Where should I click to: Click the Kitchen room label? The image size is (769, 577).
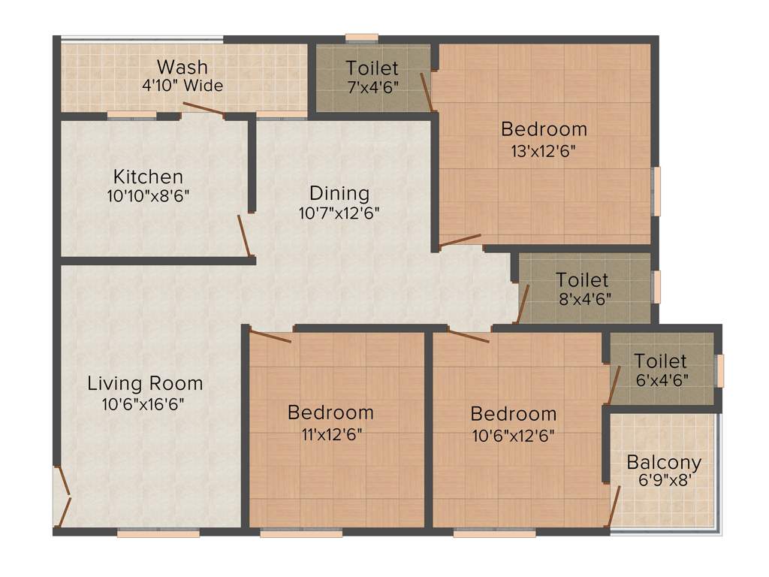148,177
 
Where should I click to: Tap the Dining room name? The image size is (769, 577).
339,193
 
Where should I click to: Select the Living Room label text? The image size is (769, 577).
145,383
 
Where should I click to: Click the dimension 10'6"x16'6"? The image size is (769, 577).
143,404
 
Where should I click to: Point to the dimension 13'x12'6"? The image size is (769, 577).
544,150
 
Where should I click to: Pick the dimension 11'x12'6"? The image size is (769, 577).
330,434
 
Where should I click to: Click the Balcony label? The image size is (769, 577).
664,462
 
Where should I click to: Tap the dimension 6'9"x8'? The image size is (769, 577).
663,482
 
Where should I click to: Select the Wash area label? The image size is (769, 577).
182,67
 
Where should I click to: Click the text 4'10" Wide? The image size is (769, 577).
182,86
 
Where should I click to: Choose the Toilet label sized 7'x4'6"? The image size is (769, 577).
372,68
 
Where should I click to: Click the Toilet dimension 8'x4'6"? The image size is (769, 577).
583,298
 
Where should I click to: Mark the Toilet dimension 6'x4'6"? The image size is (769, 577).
662,380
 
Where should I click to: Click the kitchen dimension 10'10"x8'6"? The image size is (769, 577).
148,196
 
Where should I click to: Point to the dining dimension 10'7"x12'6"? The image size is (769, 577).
339,213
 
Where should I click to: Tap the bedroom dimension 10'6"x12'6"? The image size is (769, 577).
514,434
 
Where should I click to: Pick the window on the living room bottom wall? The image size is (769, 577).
158,533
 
